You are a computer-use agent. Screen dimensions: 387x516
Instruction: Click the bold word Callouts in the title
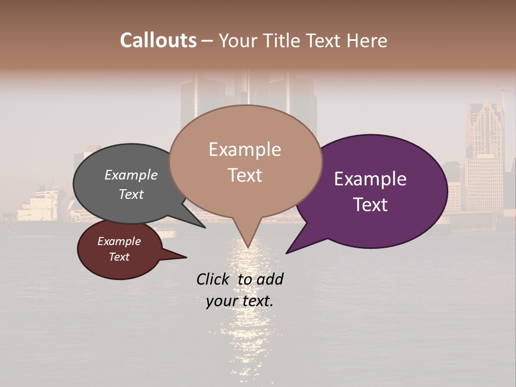pyautogui.click(x=158, y=40)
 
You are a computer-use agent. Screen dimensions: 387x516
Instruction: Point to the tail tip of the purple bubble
pyautogui.click(x=288, y=252)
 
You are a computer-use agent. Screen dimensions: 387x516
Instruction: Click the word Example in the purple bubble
pyautogui.click(x=370, y=179)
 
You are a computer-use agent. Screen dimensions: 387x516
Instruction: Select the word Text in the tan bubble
pyautogui.click(x=245, y=175)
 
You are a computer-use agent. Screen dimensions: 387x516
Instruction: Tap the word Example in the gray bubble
pyautogui.click(x=131, y=175)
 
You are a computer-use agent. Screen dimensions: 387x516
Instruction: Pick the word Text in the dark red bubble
pyautogui.click(x=119, y=257)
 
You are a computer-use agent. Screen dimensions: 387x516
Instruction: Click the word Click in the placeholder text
pyautogui.click(x=213, y=279)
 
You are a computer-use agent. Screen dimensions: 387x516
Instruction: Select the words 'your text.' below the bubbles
pyautogui.click(x=240, y=301)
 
